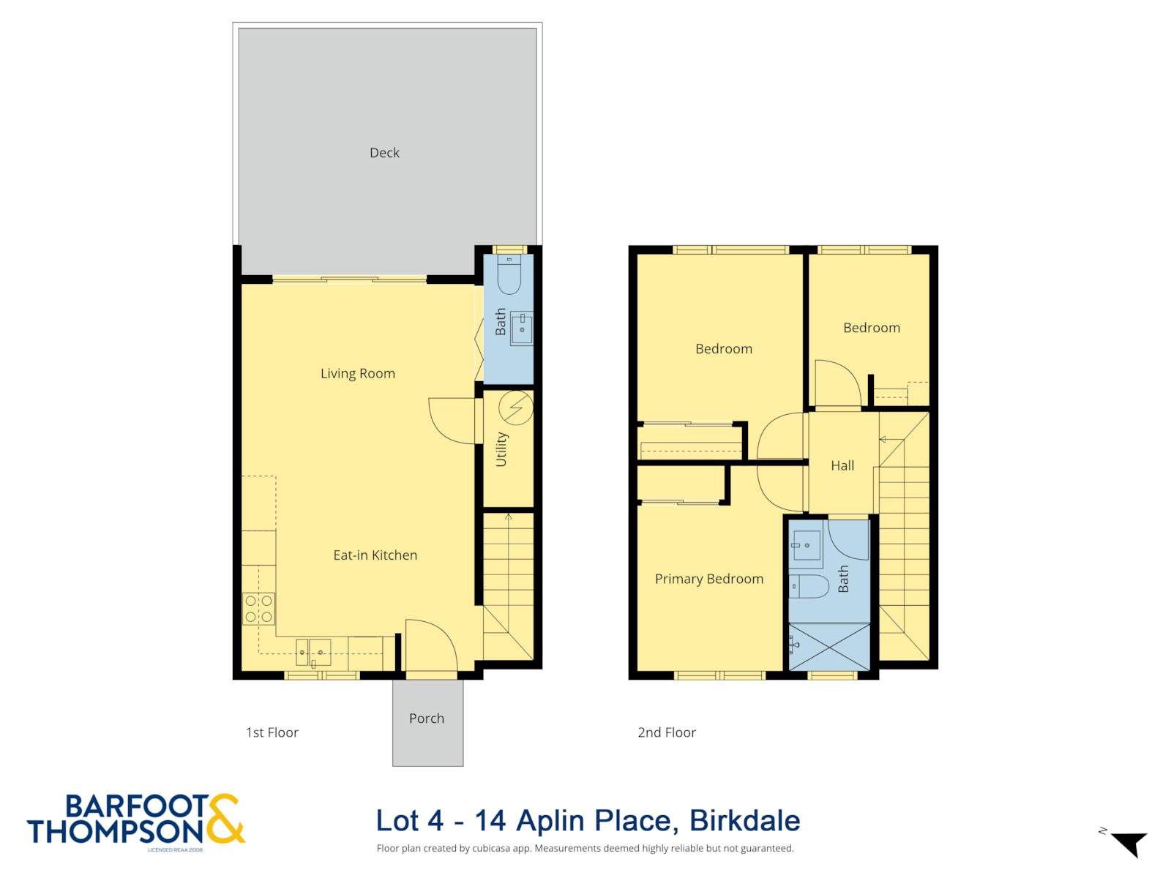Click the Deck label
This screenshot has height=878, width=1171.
click(384, 153)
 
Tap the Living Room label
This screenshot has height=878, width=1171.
click(357, 374)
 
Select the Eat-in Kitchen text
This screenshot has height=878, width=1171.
click(375, 555)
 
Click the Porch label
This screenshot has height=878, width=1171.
click(426, 718)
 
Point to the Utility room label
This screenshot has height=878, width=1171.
click(501, 449)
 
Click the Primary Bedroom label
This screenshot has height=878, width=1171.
click(709, 579)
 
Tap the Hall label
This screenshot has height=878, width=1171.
click(842, 466)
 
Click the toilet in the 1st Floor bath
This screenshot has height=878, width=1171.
click(509, 274)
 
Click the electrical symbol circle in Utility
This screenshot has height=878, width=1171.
click(516, 408)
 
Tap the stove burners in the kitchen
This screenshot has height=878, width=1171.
click(259, 609)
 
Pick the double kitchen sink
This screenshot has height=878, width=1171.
click(313, 653)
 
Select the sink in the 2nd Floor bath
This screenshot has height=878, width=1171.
click(806, 545)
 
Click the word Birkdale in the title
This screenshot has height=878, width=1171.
click(745, 820)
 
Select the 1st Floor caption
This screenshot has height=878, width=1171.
click(272, 732)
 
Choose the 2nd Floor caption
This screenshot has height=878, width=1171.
click(667, 732)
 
